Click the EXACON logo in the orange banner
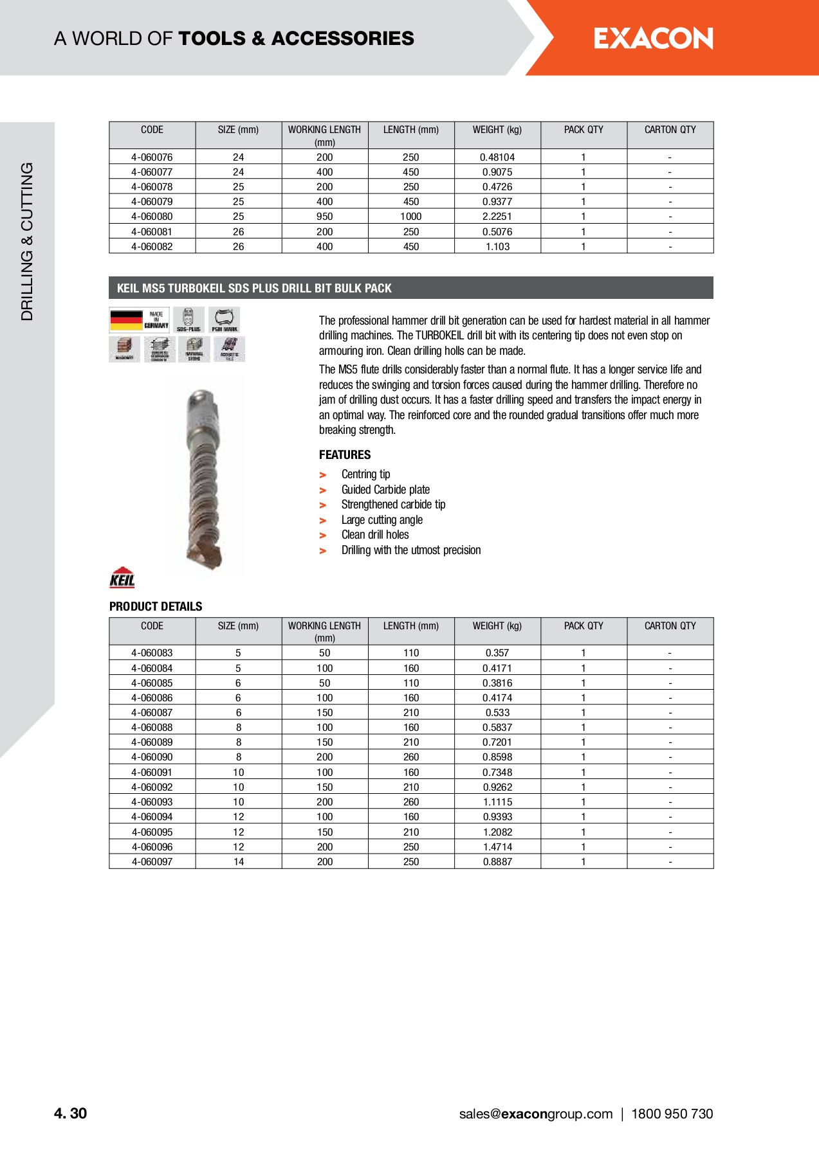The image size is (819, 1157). [x=653, y=39]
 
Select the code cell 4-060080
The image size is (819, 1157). [x=152, y=217]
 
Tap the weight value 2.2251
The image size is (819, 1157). [x=497, y=217]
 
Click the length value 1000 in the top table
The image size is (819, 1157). [x=411, y=217]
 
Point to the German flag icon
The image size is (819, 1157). [x=127, y=320]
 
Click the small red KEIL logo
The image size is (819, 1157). [x=122, y=578]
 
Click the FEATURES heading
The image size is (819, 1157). [x=345, y=455]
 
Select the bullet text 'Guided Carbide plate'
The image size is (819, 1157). [x=385, y=490]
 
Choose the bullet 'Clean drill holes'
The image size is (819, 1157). [x=375, y=535]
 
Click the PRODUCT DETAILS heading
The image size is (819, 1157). [x=156, y=607]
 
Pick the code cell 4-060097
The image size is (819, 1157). [x=152, y=862]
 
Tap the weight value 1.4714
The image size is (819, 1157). [x=497, y=847]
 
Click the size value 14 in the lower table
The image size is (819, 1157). [x=239, y=862]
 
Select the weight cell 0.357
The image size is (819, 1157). [x=497, y=653]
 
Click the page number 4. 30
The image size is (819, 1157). [x=71, y=1114]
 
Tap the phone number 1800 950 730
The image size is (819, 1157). [x=672, y=1114]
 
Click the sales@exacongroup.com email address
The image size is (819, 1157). [x=536, y=1114]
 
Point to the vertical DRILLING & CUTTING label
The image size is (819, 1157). [x=27, y=241]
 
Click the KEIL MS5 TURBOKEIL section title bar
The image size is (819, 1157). [x=411, y=288]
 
